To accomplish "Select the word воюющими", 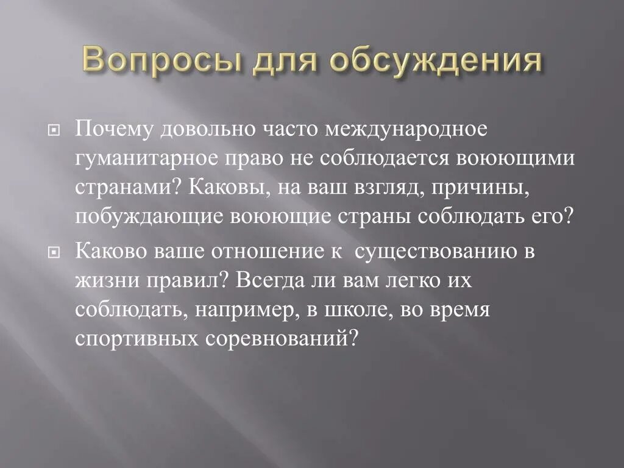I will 517,159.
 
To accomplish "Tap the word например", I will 240,309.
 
